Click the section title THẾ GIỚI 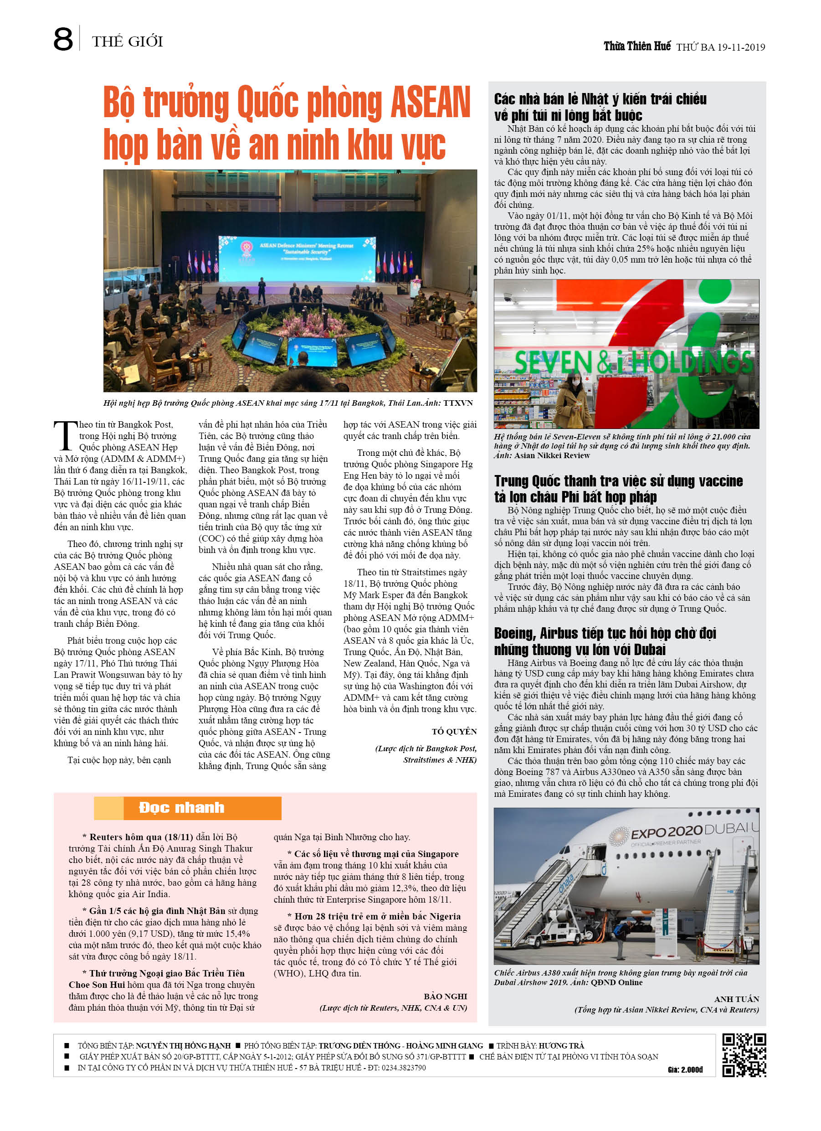click(127, 41)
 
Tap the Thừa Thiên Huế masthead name click(636, 46)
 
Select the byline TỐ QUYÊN click(454, 732)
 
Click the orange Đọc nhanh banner click(187, 807)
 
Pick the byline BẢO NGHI click(445, 997)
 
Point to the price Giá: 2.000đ click(685, 1069)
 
